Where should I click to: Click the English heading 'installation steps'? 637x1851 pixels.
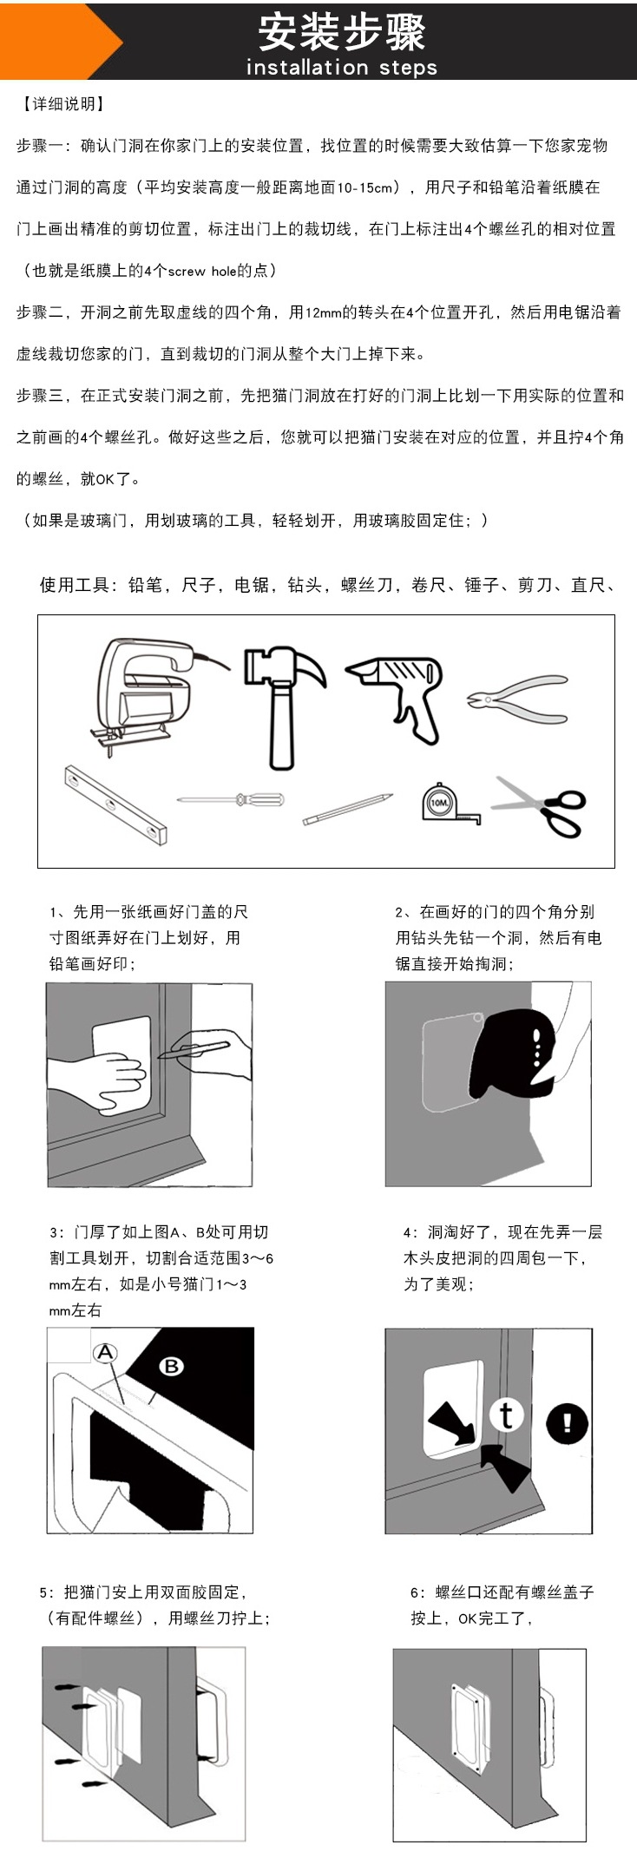(x=341, y=67)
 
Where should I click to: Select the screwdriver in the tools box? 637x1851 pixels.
(x=231, y=798)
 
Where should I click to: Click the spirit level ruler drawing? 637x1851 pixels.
(x=115, y=804)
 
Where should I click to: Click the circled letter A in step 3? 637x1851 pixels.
(x=105, y=1353)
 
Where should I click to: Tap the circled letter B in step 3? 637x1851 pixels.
(x=171, y=1366)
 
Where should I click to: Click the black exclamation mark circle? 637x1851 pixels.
(x=567, y=1422)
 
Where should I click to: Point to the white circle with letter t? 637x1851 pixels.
(x=507, y=1415)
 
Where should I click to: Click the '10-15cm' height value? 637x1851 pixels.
(x=370, y=187)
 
